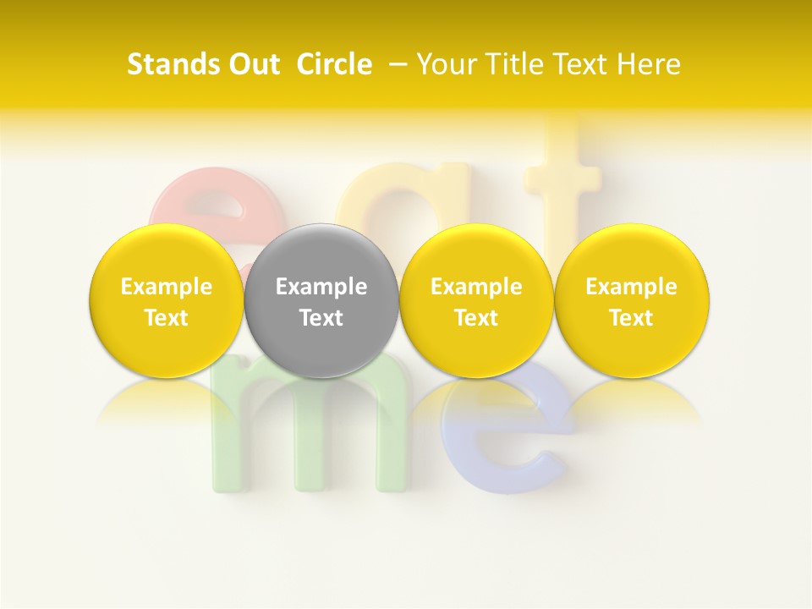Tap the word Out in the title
click(x=251, y=64)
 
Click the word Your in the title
click(x=445, y=64)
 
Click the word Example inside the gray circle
click(x=321, y=287)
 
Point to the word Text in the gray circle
click(x=321, y=318)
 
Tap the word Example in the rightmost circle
click(x=631, y=287)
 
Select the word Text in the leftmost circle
click(x=166, y=318)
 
